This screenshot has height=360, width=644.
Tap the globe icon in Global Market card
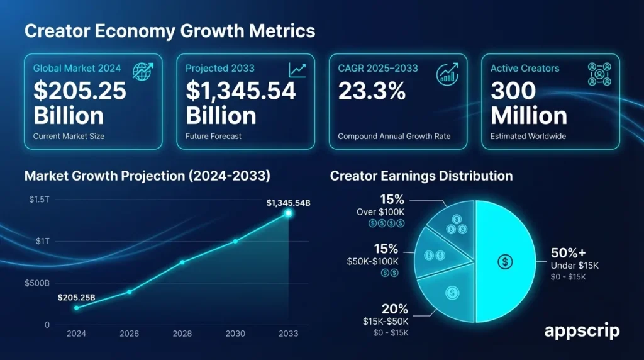pos(143,71)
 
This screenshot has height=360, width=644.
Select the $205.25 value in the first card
pos(80,91)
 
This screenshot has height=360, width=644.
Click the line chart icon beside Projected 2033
pos(297,70)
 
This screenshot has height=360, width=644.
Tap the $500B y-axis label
pos(37,283)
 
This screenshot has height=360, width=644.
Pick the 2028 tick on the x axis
pos(182,334)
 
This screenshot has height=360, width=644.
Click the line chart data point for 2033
pos(289,213)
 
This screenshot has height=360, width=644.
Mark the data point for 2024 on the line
pos(77,308)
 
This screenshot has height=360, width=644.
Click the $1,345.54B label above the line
pos(289,203)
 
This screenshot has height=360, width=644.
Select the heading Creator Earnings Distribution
pos(421,176)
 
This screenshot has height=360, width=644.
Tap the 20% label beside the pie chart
pos(395,309)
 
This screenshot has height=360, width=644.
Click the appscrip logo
pos(581,330)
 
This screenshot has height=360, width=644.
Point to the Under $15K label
pos(575,266)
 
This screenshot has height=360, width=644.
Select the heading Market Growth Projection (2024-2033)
pos(147,176)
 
